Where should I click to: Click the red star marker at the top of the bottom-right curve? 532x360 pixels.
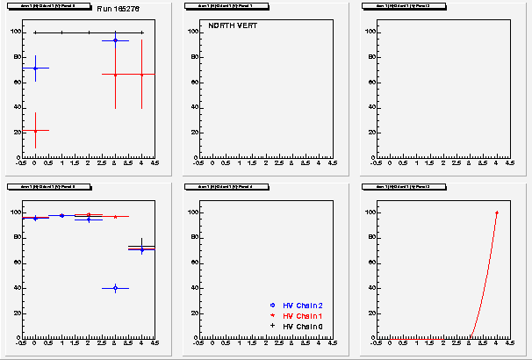(x=496, y=212)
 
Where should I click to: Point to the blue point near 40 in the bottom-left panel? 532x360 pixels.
(x=115, y=288)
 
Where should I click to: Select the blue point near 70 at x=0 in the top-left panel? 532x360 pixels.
(x=35, y=68)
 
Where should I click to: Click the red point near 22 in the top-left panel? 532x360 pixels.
(x=35, y=130)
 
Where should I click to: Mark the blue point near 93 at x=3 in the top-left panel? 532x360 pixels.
(x=115, y=40)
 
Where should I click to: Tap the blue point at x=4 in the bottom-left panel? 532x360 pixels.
(x=142, y=249)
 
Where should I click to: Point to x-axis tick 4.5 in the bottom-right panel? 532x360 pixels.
(x=509, y=343)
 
